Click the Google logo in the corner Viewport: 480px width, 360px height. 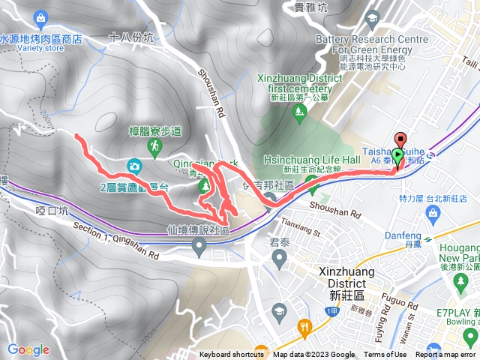click(28, 349)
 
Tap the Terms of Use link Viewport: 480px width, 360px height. click(385, 355)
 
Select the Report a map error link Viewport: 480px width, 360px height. click(448, 355)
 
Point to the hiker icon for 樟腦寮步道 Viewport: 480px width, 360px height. click(154, 148)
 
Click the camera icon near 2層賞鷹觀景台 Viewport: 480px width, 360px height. click(133, 165)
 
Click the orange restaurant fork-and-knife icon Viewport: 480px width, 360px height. click(304, 327)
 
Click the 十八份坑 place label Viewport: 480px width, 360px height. click(130, 36)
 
